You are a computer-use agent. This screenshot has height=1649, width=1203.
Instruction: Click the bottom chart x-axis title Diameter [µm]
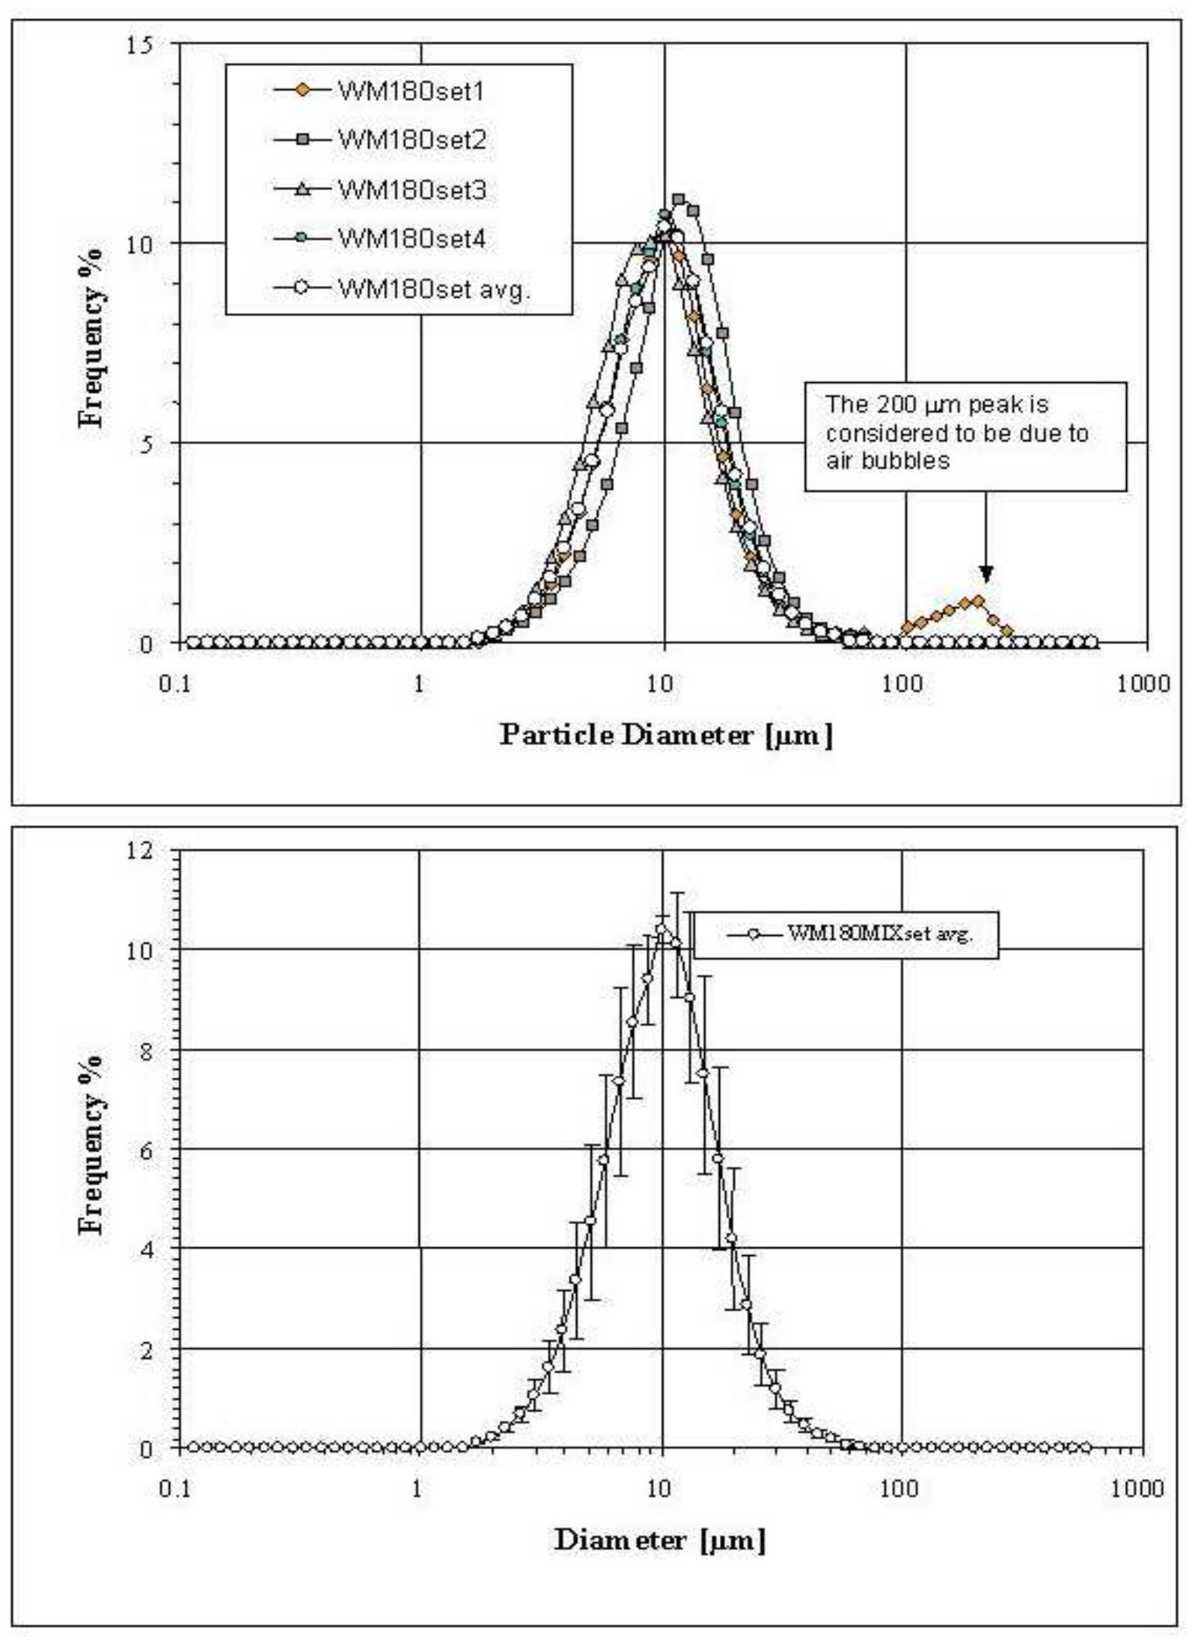pyautogui.click(x=659, y=1539)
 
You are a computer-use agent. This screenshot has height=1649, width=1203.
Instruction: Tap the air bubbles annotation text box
pyautogui.click(x=964, y=435)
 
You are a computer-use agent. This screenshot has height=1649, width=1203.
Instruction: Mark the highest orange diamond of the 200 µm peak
pyautogui.click(x=978, y=600)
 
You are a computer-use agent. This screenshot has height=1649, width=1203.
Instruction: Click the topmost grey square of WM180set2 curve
pyautogui.click(x=679, y=200)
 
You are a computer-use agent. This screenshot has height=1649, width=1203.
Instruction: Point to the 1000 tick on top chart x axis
pyautogui.click(x=1146, y=685)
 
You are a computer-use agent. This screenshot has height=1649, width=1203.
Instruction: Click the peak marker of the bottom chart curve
pyautogui.click(x=662, y=929)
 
